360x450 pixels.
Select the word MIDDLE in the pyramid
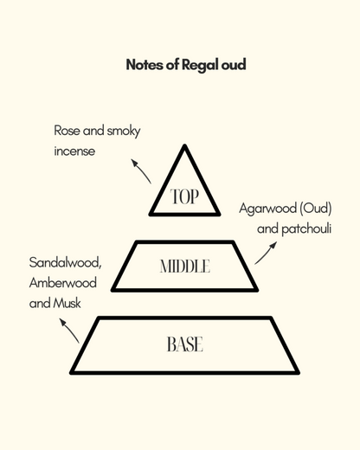tap(184, 267)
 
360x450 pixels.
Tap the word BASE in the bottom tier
tap(184, 344)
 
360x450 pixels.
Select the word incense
tap(74, 151)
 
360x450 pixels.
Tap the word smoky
tap(123, 132)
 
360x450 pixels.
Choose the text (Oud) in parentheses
tap(316, 210)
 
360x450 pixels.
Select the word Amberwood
tap(62, 282)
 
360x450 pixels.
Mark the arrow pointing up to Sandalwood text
tap(69, 330)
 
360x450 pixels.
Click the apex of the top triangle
tap(184, 145)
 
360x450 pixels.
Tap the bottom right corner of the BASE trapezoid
tap(298, 372)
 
